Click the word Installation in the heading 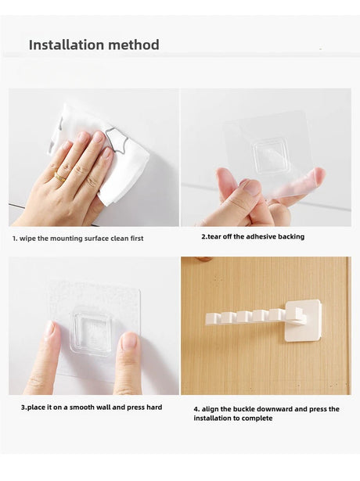[67, 45]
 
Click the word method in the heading [134, 45]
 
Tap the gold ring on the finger [59, 176]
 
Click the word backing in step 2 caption [291, 236]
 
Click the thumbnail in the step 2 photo [250, 186]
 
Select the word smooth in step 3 [82, 407]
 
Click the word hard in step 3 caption [154, 407]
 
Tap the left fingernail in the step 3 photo [49, 328]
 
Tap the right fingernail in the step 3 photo [130, 342]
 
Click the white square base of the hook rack [303, 320]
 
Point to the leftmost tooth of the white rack [212, 318]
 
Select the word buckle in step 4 [244, 409]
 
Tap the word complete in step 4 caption [257, 418]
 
